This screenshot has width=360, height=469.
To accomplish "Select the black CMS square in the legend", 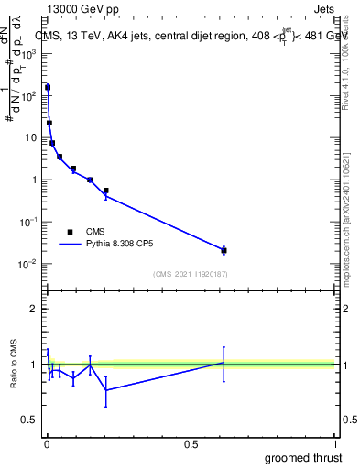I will (71, 232).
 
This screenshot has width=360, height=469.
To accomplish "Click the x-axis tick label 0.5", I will (191, 444).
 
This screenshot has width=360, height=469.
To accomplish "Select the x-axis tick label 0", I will (47, 444).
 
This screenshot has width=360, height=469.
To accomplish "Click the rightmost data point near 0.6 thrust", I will (224, 250).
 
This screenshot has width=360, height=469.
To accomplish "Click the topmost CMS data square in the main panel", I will (48, 88).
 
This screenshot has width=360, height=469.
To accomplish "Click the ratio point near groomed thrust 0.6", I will (224, 363).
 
